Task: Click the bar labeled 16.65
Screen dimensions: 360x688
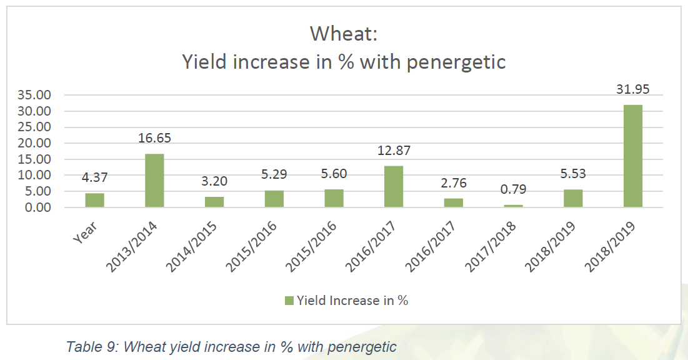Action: (x=154, y=180)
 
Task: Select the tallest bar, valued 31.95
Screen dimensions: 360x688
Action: (x=632, y=156)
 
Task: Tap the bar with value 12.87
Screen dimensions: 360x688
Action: (x=394, y=186)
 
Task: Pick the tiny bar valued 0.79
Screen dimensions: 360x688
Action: (x=513, y=205)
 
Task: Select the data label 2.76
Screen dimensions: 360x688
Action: (x=453, y=184)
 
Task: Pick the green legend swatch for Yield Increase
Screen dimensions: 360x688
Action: (x=289, y=301)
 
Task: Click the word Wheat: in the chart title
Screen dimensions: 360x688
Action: (x=344, y=34)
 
